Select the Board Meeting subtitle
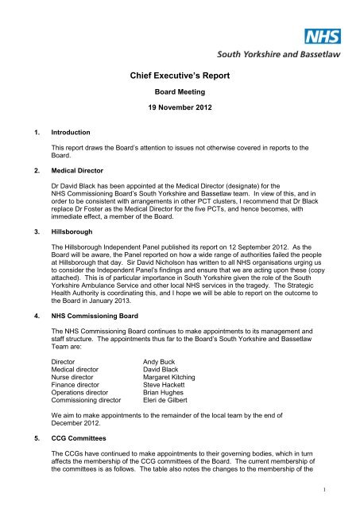coord(180,91)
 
